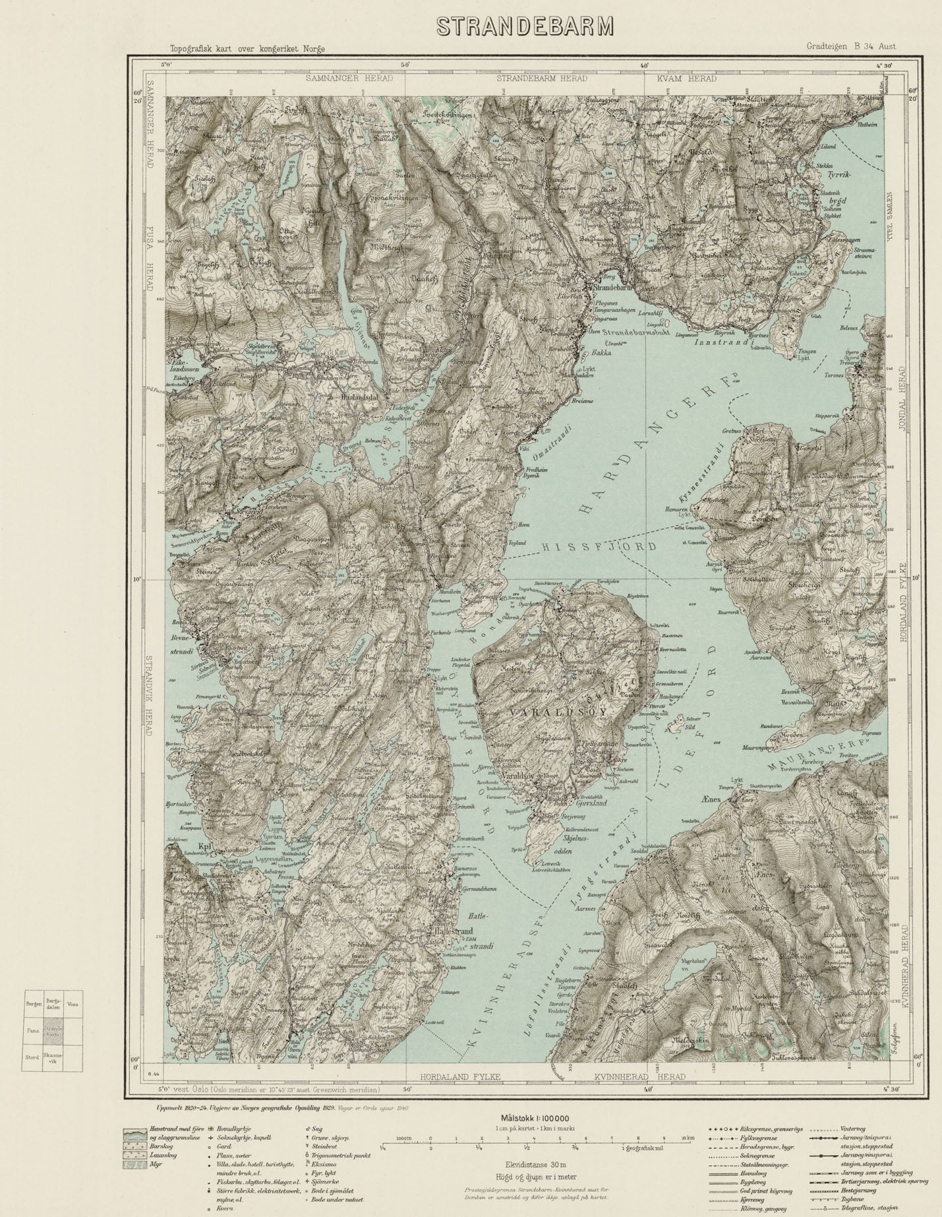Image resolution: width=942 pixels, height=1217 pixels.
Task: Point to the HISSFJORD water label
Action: pos(599,547)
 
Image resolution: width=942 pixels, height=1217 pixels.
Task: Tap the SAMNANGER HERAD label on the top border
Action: pos(349,78)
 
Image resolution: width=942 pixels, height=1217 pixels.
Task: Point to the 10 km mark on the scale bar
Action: pos(688,1138)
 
